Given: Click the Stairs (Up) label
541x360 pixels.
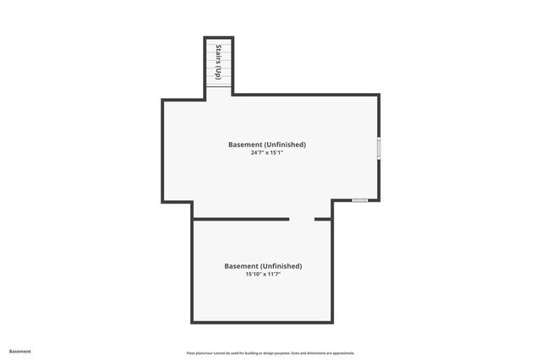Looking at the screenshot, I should click(x=219, y=62).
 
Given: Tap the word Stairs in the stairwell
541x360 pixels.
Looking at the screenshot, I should click(x=219, y=53).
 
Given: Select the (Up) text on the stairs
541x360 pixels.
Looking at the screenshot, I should click(x=219, y=73).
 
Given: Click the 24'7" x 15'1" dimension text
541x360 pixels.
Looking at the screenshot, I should click(x=266, y=154).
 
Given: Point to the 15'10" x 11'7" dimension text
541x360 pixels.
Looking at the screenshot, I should click(x=263, y=275).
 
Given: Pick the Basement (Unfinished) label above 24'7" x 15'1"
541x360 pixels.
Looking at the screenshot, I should click(x=266, y=145).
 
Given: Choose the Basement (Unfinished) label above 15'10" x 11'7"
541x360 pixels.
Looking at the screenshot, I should click(x=263, y=266).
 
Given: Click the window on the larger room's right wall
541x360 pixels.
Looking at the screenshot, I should click(x=379, y=148).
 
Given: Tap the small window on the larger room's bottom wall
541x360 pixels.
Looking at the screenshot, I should click(x=360, y=200).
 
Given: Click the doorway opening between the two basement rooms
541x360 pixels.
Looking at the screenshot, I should click(x=302, y=220).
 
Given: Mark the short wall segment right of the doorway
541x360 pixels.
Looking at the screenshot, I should click(x=323, y=220).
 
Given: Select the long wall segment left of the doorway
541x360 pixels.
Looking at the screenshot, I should click(x=241, y=220).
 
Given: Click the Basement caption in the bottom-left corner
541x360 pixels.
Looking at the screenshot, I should click(x=20, y=352).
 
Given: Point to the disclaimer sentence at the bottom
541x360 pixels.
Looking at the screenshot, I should click(x=270, y=353).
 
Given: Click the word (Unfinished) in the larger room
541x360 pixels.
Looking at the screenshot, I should click(x=283, y=145).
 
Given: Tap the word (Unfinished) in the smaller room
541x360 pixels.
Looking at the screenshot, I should click(x=280, y=266).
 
